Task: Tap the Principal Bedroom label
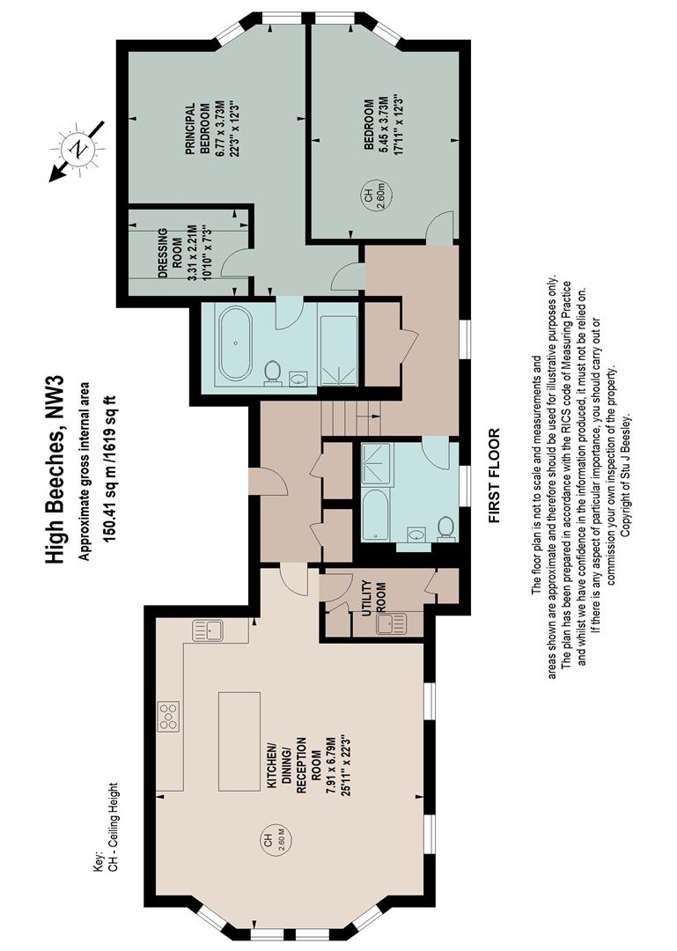pyautogui.click(x=206, y=137)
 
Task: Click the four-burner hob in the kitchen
pyautogui.click(x=169, y=716)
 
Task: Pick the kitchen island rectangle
pyautogui.click(x=239, y=741)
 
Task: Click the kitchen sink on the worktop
pyautogui.click(x=208, y=630)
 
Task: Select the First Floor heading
pyautogui.click(x=495, y=475)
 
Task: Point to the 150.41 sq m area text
pyautogui.click(x=109, y=468)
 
